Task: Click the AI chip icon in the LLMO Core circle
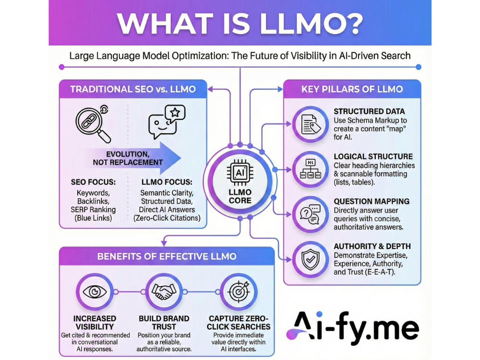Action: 240,172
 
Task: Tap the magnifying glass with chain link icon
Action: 93,124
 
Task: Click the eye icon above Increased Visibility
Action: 95,291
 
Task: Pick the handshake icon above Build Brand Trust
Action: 164,291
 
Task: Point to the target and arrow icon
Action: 239,291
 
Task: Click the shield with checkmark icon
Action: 311,259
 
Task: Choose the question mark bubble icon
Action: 310,214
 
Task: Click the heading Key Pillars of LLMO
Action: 352,89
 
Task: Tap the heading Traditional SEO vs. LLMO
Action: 133,89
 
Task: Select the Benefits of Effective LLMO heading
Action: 167,256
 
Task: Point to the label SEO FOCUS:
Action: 94,182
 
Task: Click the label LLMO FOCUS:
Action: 167,182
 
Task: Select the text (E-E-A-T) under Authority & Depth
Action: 380,272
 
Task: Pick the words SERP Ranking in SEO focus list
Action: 93,210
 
